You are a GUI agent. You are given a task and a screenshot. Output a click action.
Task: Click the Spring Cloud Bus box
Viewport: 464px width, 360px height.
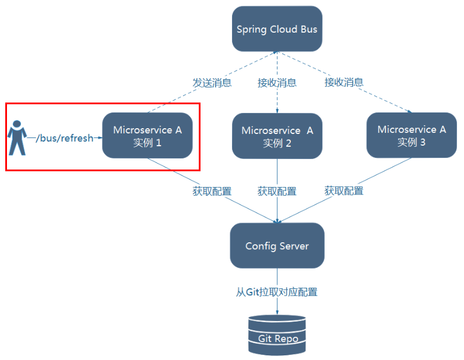pos(277,29)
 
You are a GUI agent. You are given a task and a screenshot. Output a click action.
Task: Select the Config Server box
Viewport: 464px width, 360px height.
pos(277,246)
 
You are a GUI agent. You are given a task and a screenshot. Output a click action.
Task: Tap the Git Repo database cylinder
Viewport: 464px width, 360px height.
pos(277,335)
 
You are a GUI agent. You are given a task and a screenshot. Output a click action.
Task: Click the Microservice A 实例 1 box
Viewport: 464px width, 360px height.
pos(147,136)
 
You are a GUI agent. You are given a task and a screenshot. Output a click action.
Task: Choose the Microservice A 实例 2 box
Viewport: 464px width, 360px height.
pos(277,136)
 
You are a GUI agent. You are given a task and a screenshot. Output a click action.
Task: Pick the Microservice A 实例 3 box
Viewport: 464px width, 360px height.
pos(412,136)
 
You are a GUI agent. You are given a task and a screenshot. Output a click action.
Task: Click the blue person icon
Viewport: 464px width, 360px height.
pos(17,137)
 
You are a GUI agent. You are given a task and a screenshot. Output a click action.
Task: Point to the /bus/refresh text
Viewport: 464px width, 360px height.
pos(64,139)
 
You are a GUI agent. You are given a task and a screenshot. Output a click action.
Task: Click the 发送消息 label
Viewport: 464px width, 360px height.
pos(212,83)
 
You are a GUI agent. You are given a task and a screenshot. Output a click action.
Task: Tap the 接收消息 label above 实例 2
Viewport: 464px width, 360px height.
pos(277,83)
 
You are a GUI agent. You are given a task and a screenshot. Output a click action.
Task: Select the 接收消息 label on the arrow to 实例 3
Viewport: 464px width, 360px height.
pos(344,82)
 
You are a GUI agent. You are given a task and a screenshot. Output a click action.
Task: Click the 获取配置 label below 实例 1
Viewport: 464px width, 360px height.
pos(212,191)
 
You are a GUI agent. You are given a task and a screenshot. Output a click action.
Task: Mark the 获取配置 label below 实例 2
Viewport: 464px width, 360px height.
pos(277,191)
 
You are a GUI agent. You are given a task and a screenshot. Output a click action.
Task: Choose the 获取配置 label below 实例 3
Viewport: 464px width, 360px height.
pos(344,190)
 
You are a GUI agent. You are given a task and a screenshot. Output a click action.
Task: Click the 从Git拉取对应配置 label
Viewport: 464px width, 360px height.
pos(277,292)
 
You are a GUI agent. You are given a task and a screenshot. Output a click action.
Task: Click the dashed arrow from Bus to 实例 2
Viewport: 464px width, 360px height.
pos(277,99)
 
